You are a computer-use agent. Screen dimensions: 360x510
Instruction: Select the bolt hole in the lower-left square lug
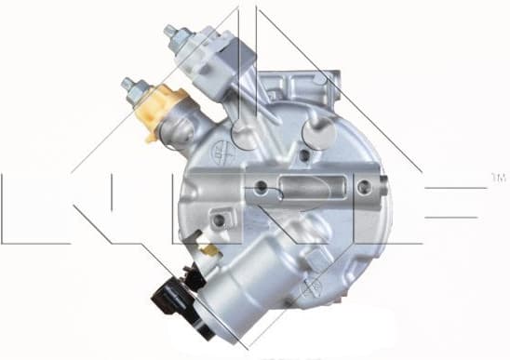pos(220,221)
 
